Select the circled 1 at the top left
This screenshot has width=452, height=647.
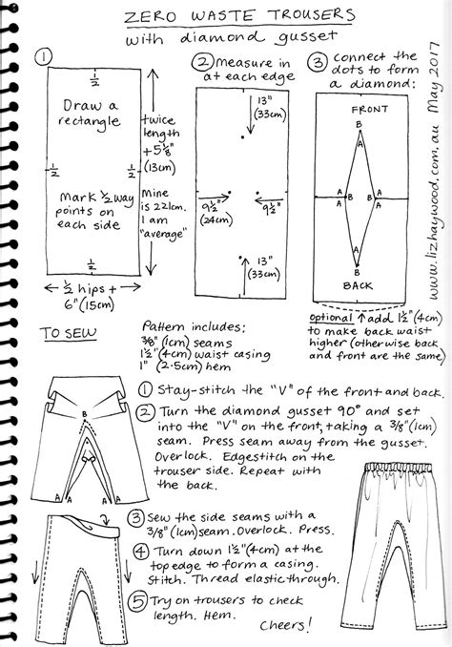(x=42, y=57)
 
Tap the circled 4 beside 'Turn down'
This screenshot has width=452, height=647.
(x=138, y=551)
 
